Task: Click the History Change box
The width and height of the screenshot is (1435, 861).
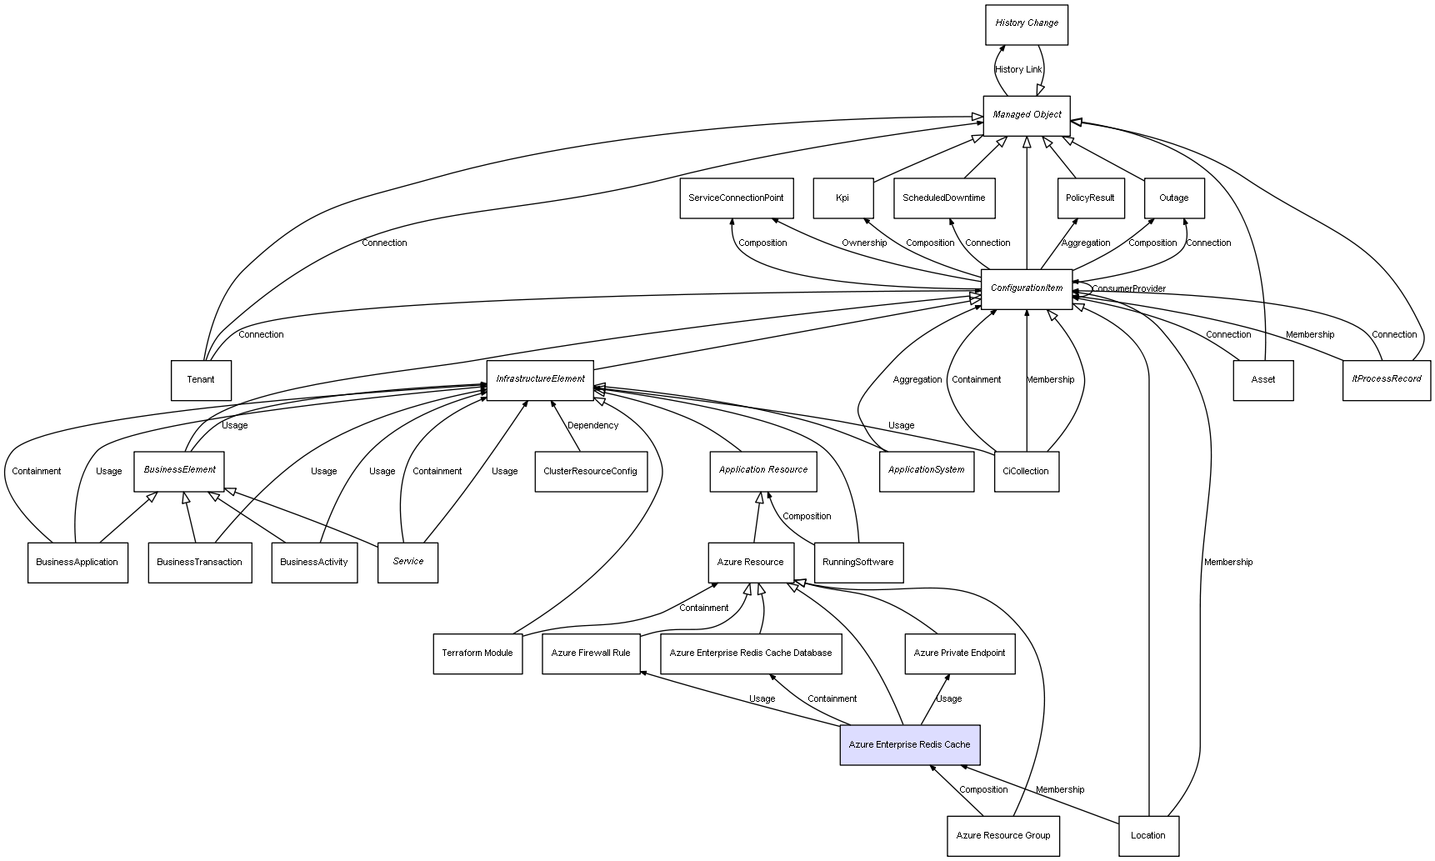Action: (1026, 24)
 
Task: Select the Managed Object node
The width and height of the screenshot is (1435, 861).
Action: (1026, 116)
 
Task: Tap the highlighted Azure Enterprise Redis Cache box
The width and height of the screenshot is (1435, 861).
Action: (909, 744)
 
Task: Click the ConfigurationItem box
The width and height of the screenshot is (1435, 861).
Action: (1026, 289)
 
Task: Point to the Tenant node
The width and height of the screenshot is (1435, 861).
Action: (201, 380)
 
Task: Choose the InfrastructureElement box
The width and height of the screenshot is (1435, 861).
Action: (540, 380)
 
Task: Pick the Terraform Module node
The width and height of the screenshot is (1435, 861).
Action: (477, 653)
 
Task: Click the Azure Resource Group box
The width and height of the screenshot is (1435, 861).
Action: (1002, 835)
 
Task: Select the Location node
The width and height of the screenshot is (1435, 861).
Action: (1148, 835)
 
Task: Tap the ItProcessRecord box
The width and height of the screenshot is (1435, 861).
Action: (1386, 380)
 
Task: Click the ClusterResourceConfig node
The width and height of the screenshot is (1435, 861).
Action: (590, 472)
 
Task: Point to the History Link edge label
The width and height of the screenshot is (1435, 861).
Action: (1018, 70)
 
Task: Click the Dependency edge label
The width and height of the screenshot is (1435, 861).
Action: (592, 426)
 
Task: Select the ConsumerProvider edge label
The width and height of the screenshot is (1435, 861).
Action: (1128, 289)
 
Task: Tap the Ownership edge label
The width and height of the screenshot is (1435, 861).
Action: (864, 243)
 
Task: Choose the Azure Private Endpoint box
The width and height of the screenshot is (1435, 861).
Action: (959, 653)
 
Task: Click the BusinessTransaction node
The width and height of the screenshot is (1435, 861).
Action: (200, 563)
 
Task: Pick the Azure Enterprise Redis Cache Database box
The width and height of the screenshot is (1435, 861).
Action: (751, 653)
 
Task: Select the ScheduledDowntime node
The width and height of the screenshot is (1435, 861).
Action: (943, 198)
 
